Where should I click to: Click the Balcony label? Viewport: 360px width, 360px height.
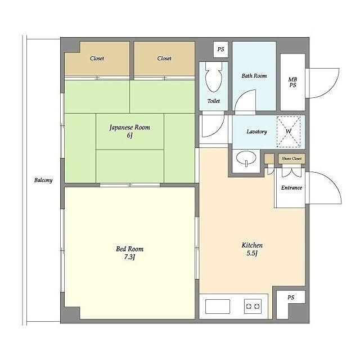point(43,180)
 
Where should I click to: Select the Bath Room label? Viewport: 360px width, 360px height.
point(254,76)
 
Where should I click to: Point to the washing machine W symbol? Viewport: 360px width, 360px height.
point(289,132)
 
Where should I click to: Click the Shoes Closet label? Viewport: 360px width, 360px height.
point(291,159)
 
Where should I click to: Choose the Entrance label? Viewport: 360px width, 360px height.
point(291,188)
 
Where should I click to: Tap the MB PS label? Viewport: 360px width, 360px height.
point(292,82)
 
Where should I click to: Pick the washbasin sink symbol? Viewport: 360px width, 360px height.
point(246,158)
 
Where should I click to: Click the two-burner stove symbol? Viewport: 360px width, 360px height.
point(253,306)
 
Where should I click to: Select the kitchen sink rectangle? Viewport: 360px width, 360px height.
point(218,307)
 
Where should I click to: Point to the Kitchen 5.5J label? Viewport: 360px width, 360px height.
point(252,249)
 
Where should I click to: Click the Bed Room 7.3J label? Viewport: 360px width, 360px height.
point(130,253)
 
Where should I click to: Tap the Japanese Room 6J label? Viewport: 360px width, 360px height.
point(130,131)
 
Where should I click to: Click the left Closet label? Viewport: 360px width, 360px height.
point(97,58)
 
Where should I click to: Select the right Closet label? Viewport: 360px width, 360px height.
point(164,58)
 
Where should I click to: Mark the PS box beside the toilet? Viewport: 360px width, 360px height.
point(220,49)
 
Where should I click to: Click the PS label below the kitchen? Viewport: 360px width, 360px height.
point(291,298)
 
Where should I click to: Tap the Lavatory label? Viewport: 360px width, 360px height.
point(256,132)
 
